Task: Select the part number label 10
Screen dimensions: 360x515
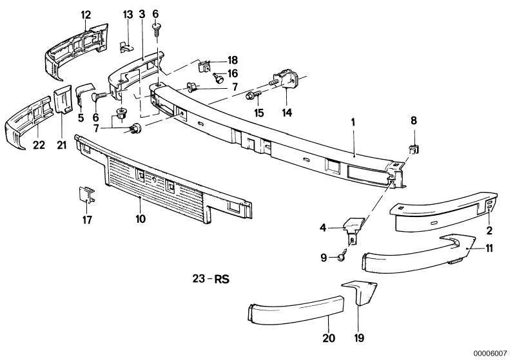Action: [141, 219]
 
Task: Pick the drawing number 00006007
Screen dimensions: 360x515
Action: [492, 353]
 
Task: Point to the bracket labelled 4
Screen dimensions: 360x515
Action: [353, 225]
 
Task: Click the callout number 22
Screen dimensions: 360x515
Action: [39, 146]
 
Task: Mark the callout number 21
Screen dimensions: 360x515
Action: [61, 146]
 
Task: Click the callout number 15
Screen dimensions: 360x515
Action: [259, 113]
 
